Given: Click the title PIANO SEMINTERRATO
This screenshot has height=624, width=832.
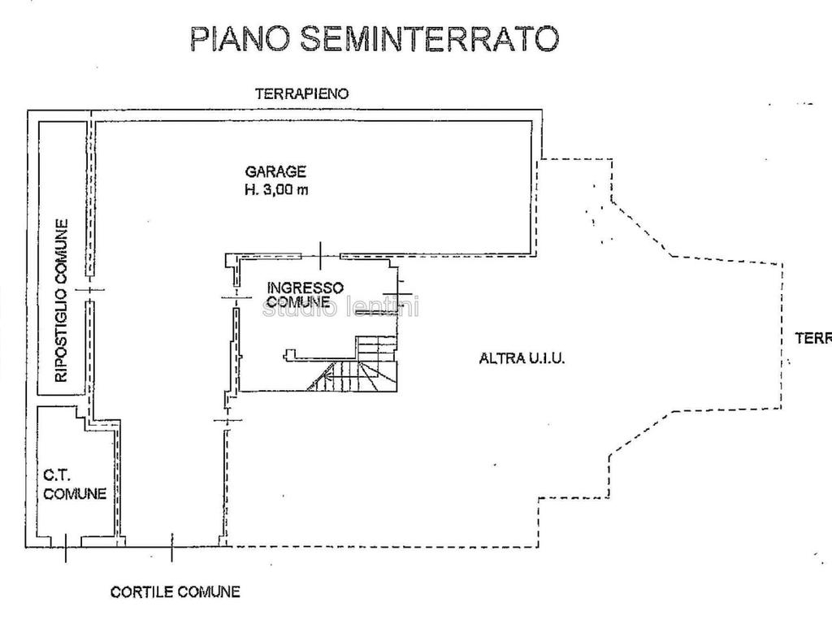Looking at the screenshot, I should click(x=374, y=38).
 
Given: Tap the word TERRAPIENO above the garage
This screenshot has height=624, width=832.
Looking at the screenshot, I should click(x=302, y=93).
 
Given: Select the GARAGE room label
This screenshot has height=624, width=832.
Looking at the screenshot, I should click(x=276, y=171).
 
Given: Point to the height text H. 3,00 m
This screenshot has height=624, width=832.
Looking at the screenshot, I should click(x=276, y=190).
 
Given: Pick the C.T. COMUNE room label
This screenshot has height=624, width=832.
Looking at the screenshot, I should click(x=74, y=486).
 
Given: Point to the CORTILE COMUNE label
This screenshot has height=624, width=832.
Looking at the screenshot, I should click(x=175, y=591).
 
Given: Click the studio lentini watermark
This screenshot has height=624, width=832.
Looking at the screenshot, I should click(x=341, y=308).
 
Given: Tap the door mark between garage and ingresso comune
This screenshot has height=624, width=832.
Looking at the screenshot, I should click(x=321, y=255).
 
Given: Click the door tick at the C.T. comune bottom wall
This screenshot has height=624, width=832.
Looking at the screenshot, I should click(x=66, y=552).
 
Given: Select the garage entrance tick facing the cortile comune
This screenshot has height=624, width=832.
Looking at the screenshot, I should click(x=171, y=548).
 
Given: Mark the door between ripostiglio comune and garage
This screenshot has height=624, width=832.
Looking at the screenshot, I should click(x=90, y=289).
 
